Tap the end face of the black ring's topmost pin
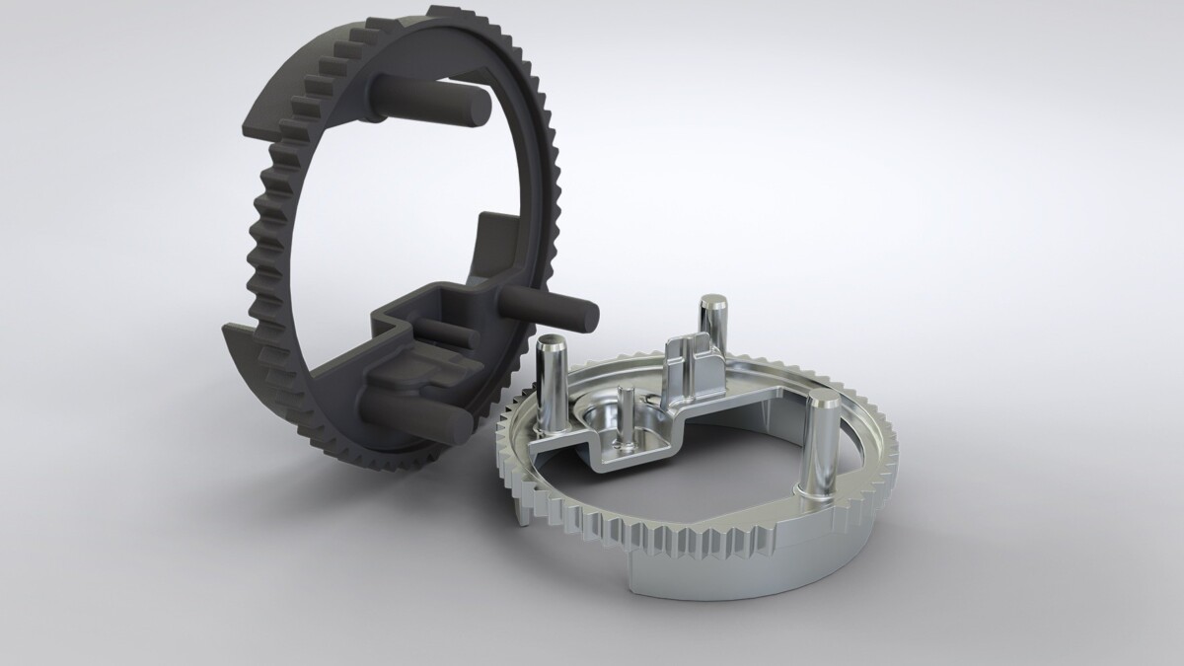click(478, 106)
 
